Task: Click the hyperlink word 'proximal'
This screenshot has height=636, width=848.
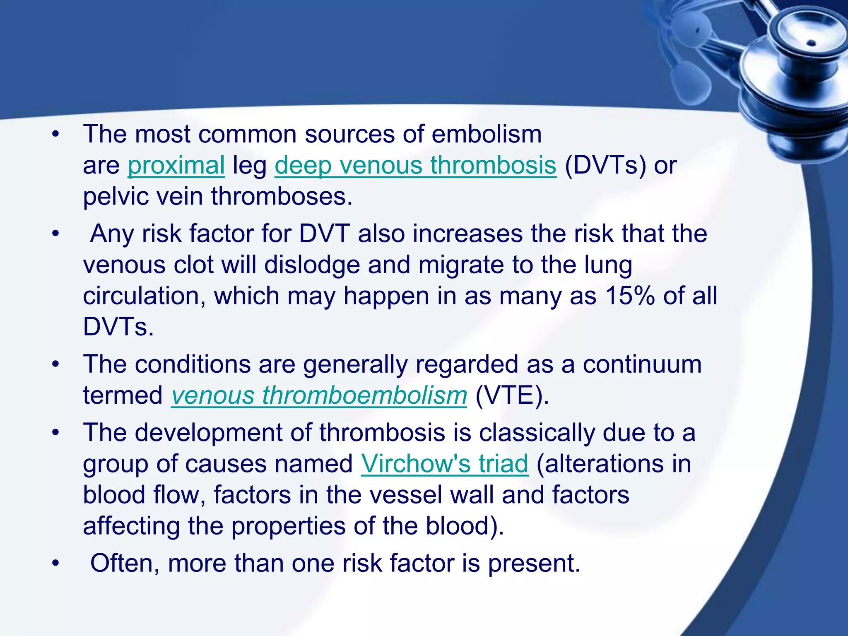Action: tap(176, 165)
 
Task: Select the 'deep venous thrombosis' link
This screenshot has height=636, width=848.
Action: tap(415, 165)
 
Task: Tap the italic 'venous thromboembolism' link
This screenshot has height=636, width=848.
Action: tap(319, 395)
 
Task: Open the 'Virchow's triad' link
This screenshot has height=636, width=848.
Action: tap(445, 463)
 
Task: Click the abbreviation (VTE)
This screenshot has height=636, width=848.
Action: tap(512, 395)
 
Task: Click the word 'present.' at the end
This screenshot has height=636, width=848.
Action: tap(534, 564)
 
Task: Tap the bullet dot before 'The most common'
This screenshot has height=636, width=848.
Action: tap(56, 135)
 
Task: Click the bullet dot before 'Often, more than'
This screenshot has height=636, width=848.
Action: tap(56, 564)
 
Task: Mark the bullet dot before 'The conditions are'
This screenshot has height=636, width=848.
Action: tap(56, 365)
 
